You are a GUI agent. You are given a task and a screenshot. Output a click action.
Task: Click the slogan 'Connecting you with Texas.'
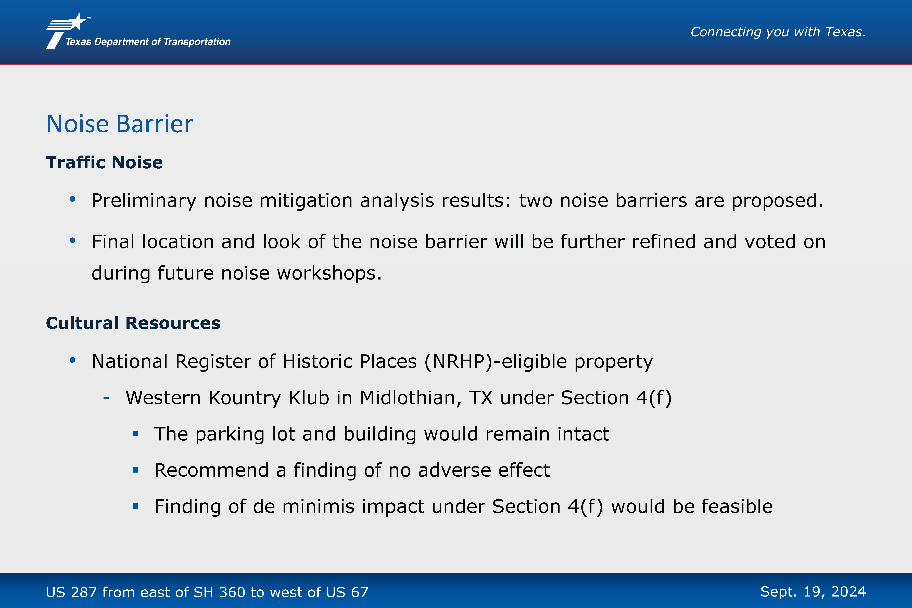click(778, 32)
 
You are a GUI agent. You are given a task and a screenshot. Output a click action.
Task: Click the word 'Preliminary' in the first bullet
click(144, 201)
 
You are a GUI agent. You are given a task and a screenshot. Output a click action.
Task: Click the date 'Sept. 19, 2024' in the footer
click(813, 592)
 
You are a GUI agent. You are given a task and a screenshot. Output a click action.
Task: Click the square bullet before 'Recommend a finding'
click(135, 470)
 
